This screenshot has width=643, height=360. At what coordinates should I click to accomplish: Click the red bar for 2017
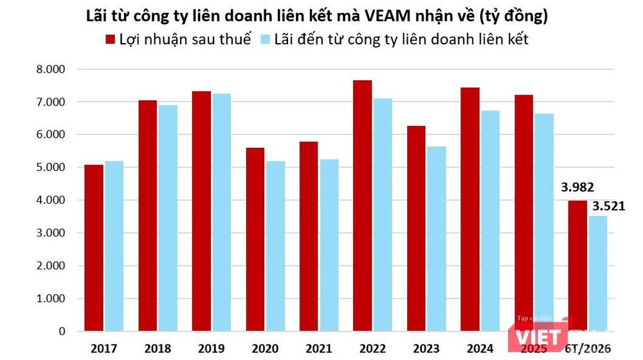tap(94, 248)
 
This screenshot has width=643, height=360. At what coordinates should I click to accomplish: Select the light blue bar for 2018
tap(168, 218)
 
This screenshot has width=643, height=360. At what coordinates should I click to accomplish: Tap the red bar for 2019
tap(201, 211)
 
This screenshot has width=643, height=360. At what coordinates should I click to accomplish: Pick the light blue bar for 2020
tap(275, 246)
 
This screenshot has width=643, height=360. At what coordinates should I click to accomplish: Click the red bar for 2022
tap(362, 206)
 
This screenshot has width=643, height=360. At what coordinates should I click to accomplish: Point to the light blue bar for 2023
tap(437, 239)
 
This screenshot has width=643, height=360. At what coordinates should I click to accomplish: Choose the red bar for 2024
tap(470, 209)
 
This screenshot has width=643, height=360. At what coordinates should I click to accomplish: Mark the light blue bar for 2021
tap(329, 245)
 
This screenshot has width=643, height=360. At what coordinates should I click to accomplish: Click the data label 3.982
tap(577, 187)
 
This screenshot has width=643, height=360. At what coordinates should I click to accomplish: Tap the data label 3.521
tap(609, 206)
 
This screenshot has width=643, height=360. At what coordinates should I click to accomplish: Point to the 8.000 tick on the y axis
tap(51, 69)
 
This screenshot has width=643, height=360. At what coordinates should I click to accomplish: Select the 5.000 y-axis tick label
tap(51, 167)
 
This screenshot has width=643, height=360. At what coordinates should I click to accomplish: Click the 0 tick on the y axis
tap(62, 331)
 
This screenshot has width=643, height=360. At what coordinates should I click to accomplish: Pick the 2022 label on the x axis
tap(373, 348)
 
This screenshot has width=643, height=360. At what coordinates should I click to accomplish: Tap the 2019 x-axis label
tap(211, 348)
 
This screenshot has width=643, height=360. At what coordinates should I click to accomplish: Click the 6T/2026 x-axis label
tap(588, 348)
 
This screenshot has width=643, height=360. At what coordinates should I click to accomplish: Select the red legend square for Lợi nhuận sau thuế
tap(110, 39)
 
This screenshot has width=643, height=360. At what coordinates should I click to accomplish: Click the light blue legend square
tap(265, 39)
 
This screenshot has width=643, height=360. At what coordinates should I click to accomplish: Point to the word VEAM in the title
tap(388, 16)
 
